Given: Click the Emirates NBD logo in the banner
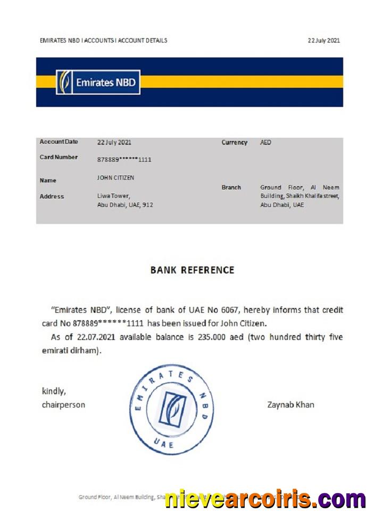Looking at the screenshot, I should point(98,82).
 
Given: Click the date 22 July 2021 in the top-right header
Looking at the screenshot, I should point(323,40).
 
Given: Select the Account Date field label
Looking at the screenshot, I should point(59,142).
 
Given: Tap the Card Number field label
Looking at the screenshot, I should point(59,157).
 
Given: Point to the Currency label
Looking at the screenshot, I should point(234,143).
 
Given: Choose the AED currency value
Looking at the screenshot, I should point(265,143).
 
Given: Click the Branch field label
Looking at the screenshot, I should point(231,187).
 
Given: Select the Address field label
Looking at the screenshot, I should point(52,196).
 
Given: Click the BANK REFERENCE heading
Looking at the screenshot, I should point(192,270).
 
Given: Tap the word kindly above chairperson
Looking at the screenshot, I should point(54,392).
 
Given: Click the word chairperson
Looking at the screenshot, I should point(63,405).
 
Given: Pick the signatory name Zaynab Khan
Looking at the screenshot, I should point(290,405).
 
